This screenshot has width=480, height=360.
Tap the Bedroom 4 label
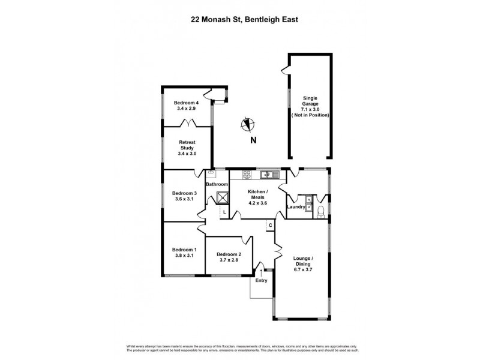click(x=187, y=103)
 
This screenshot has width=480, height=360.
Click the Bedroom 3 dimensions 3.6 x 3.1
click(x=184, y=199)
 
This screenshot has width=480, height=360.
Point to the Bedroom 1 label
click(x=184, y=250)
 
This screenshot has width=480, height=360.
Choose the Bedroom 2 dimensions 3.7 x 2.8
click(x=229, y=260)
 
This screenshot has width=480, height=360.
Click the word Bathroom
click(x=217, y=184)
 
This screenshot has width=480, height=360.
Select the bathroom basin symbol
click(x=212, y=173)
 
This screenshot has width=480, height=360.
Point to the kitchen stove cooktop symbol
click(x=247, y=175)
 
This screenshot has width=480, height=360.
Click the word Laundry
click(x=296, y=207)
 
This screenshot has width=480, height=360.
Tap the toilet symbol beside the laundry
click(x=321, y=211)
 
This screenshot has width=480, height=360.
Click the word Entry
click(x=262, y=280)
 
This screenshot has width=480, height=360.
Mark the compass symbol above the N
click(x=247, y=125)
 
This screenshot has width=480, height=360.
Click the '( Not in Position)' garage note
click(x=310, y=115)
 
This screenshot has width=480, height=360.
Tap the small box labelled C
click(x=271, y=225)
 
